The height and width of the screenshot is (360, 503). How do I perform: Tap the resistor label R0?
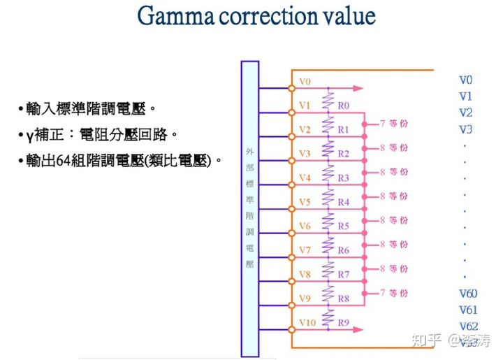(x=343, y=106)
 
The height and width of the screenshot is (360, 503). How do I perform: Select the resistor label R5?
(x=343, y=226)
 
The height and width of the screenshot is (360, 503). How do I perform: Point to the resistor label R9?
(x=343, y=322)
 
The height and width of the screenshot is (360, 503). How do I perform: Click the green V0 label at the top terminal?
(x=305, y=82)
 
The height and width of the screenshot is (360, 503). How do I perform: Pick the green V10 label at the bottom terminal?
(x=307, y=322)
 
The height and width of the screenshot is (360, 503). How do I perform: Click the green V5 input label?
(x=305, y=202)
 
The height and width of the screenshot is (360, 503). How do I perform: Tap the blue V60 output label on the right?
(x=468, y=294)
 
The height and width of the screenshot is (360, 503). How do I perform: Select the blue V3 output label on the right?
(x=466, y=129)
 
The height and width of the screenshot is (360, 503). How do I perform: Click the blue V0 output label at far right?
(x=466, y=80)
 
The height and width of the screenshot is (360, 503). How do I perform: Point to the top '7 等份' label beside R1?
(x=394, y=124)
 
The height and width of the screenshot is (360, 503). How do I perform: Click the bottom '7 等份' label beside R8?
(x=394, y=292)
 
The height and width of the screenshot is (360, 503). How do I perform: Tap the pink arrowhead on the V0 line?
(x=359, y=88)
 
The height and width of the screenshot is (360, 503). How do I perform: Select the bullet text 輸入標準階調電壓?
(x=88, y=109)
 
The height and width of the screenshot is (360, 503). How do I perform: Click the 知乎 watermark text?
(x=427, y=340)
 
